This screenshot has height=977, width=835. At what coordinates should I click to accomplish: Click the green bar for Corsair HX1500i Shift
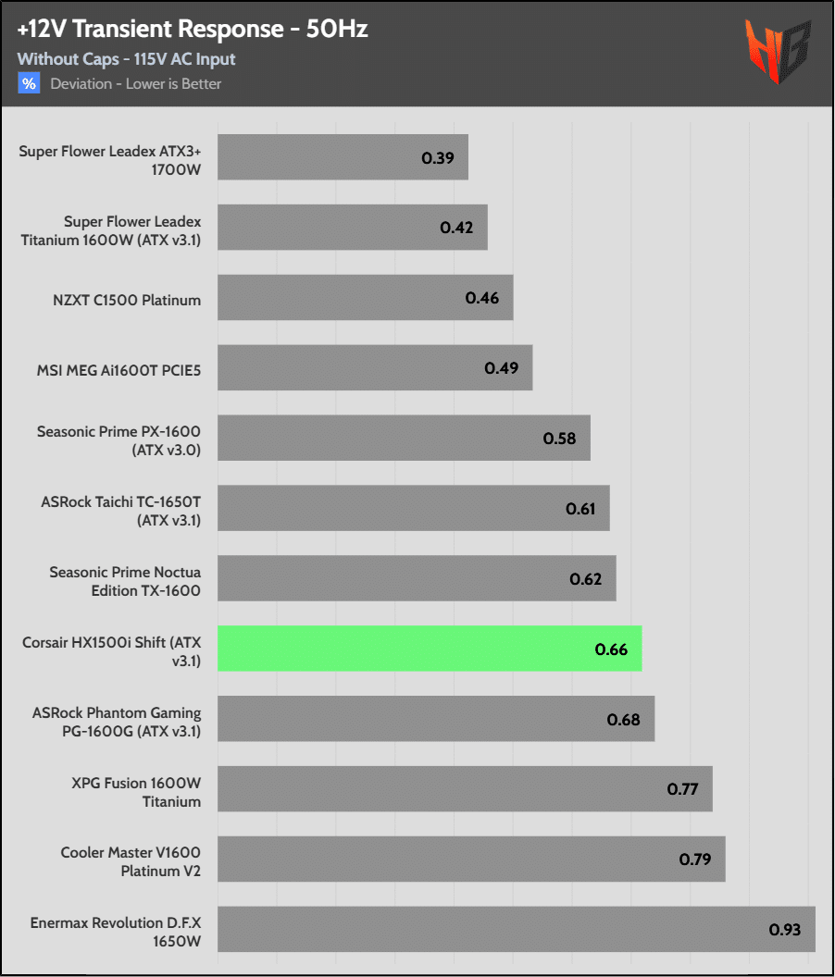pyautogui.click(x=430, y=649)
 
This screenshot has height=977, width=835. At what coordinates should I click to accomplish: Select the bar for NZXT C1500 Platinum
pyautogui.click(x=365, y=298)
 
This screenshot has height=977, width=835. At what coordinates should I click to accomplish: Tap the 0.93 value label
pyautogui.click(x=784, y=929)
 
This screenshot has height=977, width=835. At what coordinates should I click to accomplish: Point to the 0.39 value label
pyautogui.click(x=437, y=157)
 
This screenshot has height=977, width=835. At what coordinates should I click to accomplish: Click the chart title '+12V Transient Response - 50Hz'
pyautogui.click(x=193, y=30)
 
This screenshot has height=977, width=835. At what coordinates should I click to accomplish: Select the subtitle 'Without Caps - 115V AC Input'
pyautogui.click(x=126, y=59)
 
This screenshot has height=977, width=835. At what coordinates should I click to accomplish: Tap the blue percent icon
pyautogui.click(x=29, y=84)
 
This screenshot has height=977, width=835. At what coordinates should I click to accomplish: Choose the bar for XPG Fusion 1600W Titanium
pyautogui.click(x=465, y=789)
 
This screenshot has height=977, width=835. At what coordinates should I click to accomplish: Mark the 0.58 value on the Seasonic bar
pyautogui.click(x=559, y=439)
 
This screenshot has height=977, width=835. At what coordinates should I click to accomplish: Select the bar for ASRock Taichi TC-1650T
pyautogui.click(x=413, y=508)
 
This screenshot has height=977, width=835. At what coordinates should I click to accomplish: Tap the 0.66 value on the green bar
pyautogui.click(x=611, y=649)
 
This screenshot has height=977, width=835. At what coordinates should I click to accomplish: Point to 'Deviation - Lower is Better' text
pyautogui.click(x=136, y=84)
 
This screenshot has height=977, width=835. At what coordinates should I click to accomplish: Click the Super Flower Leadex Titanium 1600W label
pyautogui.click(x=111, y=230)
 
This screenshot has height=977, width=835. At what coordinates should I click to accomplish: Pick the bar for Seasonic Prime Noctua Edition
pyautogui.click(x=417, y=578)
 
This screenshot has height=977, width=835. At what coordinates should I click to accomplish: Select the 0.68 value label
pyautogui.click(x=623, y=719)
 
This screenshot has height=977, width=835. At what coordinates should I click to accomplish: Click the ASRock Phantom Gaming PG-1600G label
pyautogui.click(x=117, y=723)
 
